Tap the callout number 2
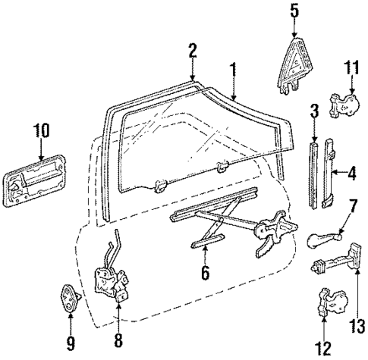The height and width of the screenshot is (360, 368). pyautogui.click(x=193, y=51)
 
